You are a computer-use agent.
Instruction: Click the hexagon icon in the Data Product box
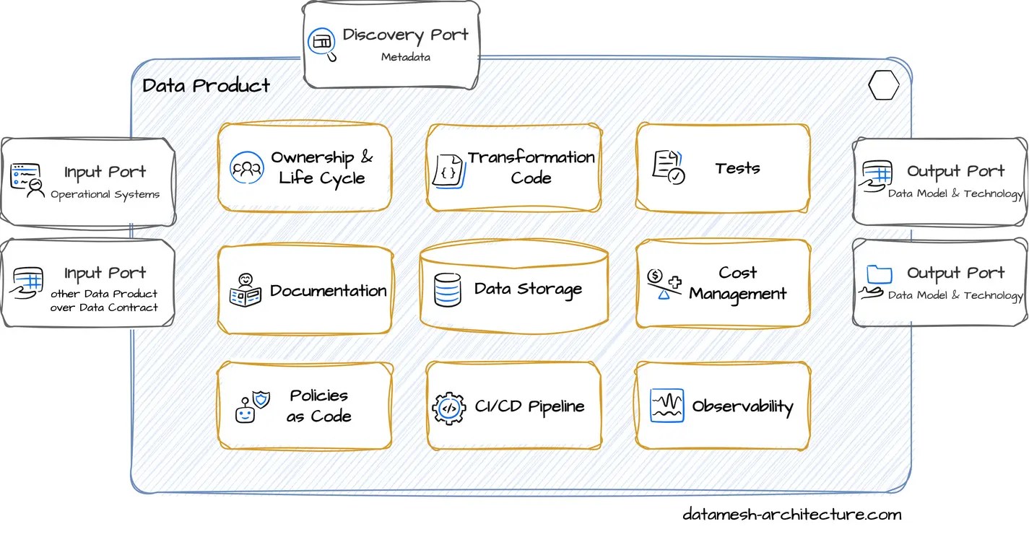tap(883, 86)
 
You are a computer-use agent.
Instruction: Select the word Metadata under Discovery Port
tap(406, 56)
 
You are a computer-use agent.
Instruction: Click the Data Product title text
tap(206, 85)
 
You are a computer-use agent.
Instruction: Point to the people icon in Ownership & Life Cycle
tap(247, 168)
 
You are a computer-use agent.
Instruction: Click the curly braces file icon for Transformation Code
tap(448, 171)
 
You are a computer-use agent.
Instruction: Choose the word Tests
tap(737, 168)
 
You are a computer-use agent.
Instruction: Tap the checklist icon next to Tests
tap(668, 167)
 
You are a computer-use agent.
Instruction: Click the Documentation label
tap(328, 291)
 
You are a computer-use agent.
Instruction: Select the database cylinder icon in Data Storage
tap(447, 290)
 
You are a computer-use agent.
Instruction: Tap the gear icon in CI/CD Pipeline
tap(448, 408)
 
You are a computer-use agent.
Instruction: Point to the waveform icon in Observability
tap(667, 406)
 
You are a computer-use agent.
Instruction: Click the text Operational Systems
tap(105, 194)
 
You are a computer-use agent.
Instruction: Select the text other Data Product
tap(104, 294)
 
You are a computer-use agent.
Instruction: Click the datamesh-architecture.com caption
tap(791, 515)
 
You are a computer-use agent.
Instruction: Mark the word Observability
tap(742, 406)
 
